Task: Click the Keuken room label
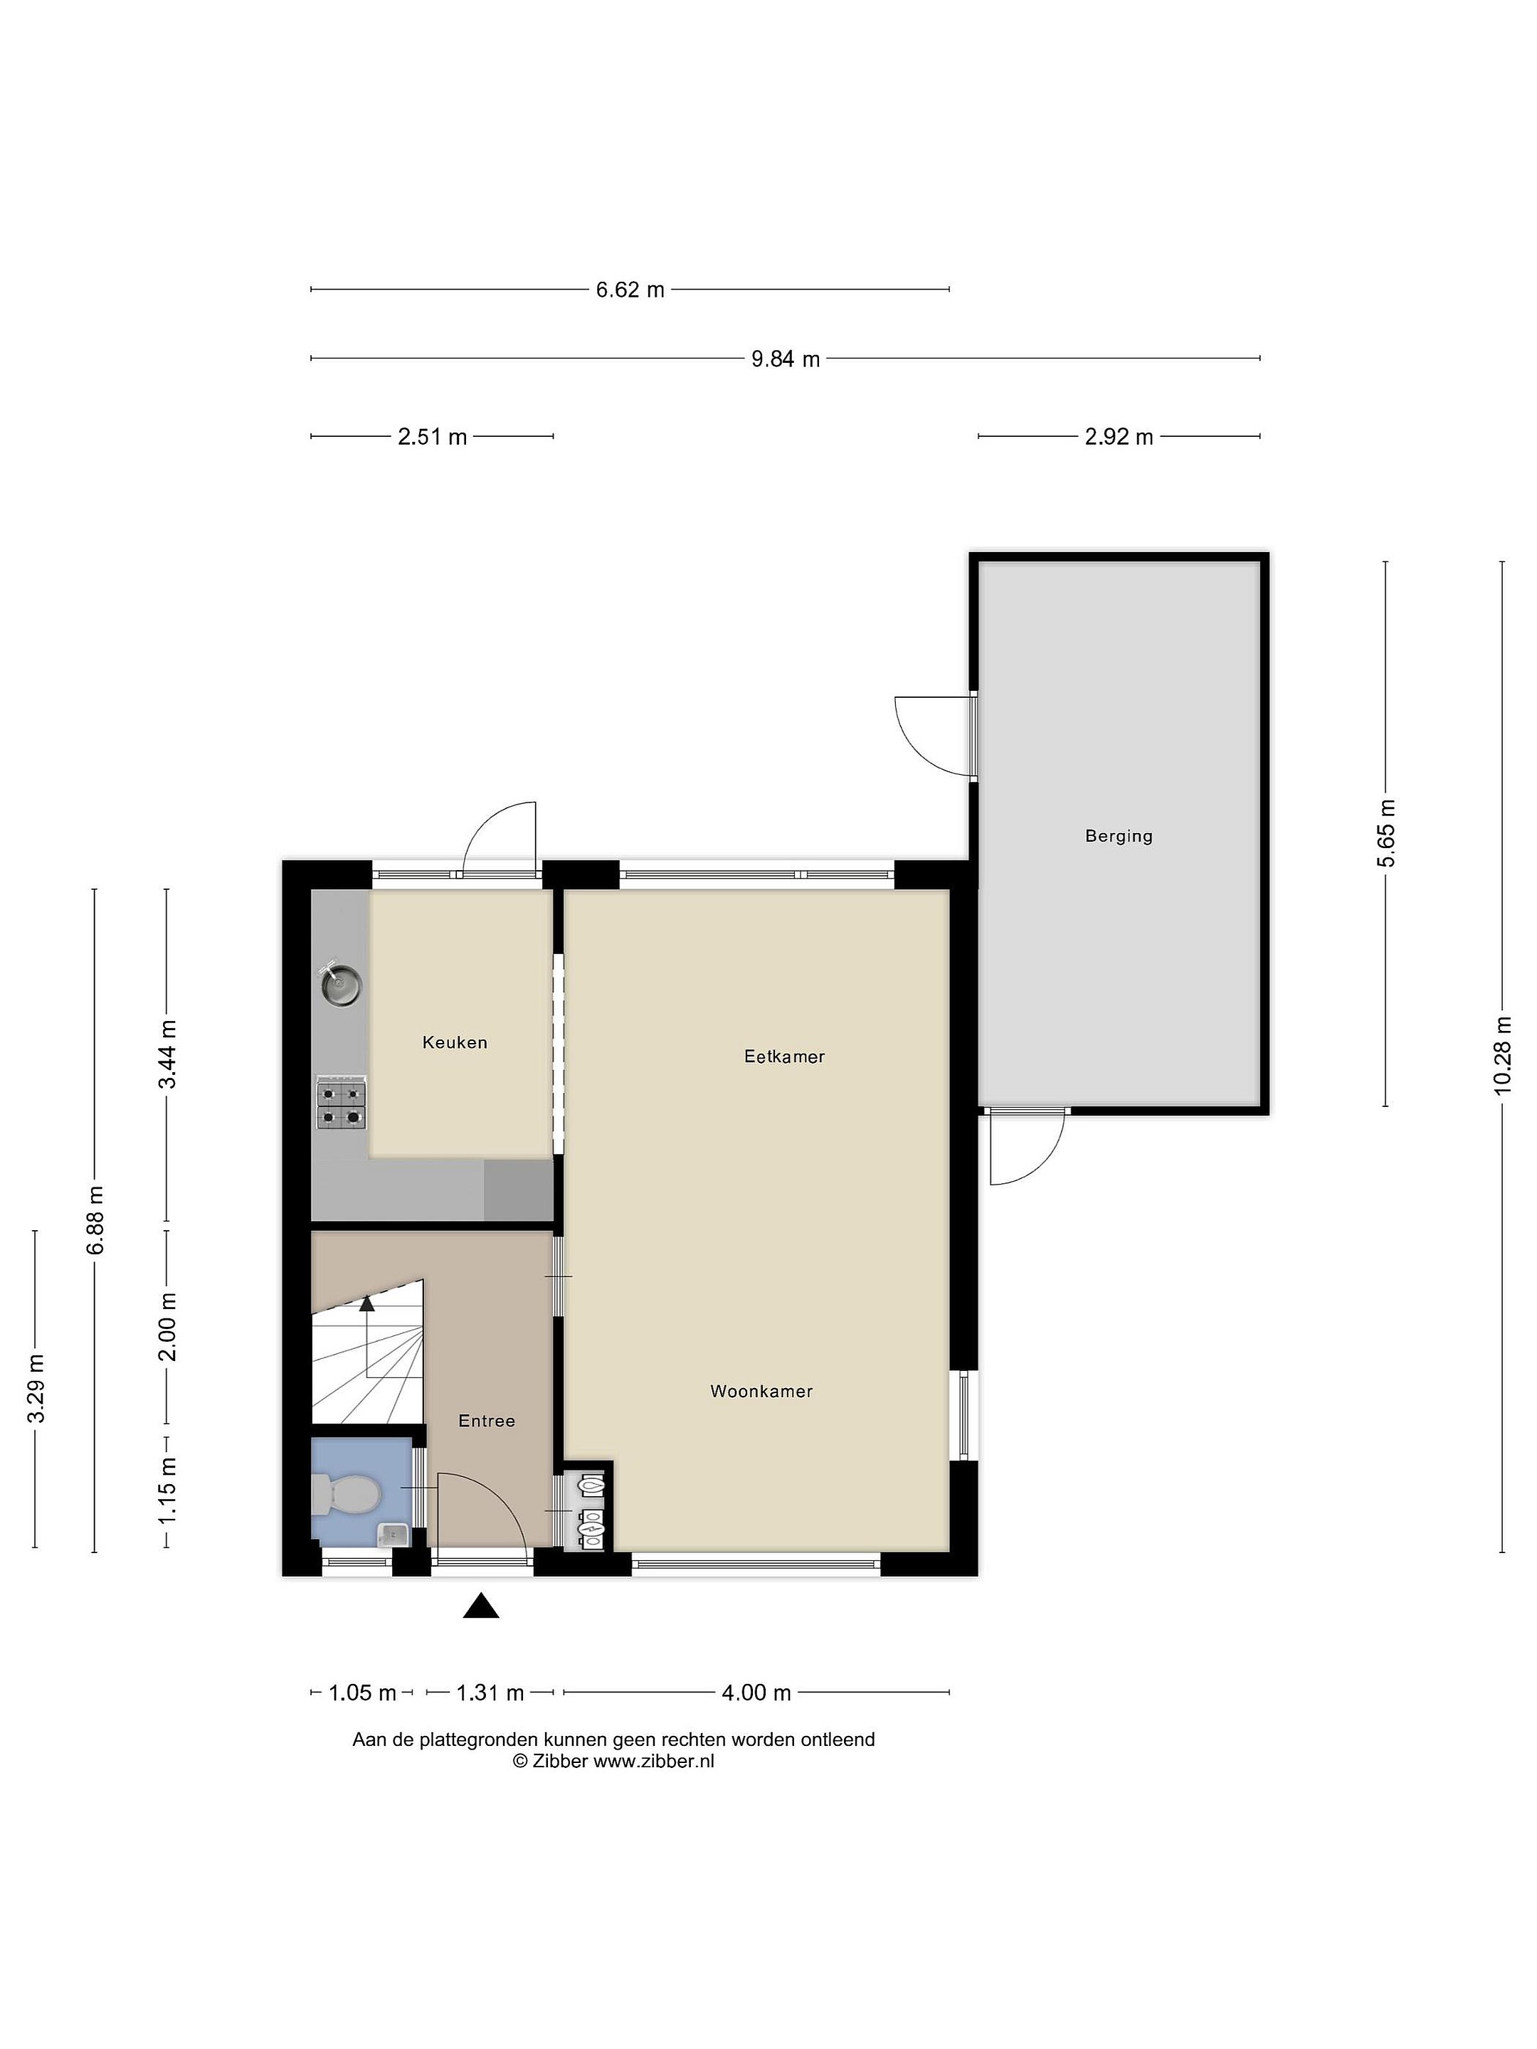click(x=454, y=1042)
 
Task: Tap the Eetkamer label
click(x=783, y=1056)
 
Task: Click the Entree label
click(x=487, y=1420)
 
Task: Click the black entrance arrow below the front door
click(x=481, y=1605)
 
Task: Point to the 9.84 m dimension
click(x=786, y=359)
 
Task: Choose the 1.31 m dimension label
click(x=490, y=1693)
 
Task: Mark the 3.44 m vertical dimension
click(x=167, y=1055)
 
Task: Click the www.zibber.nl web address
click(x=653, y=1761)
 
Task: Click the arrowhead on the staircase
click(x=367, y=1303)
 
